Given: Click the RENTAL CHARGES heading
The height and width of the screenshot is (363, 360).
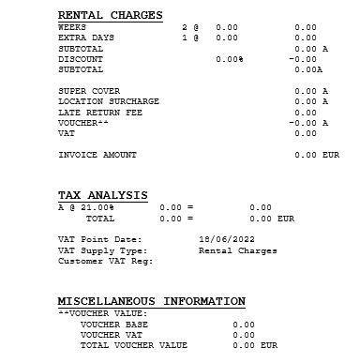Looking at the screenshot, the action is tap(110, 15).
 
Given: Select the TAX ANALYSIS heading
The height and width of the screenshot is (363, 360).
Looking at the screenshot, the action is tap(102, 195).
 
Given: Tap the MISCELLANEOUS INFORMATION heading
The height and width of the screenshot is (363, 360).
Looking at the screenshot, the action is tap(151, 301).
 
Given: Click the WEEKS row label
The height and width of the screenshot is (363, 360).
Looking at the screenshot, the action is tap(72, 27).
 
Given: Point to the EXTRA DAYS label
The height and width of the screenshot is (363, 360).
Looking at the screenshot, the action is tap(86, 38).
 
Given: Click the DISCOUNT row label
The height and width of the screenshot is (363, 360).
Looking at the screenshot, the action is tap(81, 58).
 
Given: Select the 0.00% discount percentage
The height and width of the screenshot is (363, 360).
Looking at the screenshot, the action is tap(229, 58).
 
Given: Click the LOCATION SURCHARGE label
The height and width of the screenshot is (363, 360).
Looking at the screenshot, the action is tap(109, 101).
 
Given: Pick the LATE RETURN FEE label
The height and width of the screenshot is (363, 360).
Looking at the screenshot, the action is tap(99, 112).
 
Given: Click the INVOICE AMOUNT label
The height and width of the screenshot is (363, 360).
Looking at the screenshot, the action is tap(97, 155).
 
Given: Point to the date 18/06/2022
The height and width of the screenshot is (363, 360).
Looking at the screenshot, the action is tap(219, 239).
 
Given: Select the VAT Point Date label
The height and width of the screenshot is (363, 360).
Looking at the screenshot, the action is tap(100, 239).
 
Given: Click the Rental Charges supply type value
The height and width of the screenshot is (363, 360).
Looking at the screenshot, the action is tap(238, 250).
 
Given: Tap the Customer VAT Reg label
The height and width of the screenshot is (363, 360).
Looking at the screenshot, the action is tap(105, 261).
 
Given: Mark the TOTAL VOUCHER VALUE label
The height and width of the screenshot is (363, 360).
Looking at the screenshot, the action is tap(133, 345).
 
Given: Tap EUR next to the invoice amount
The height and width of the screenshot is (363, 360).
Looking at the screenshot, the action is tap(330, 155).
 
